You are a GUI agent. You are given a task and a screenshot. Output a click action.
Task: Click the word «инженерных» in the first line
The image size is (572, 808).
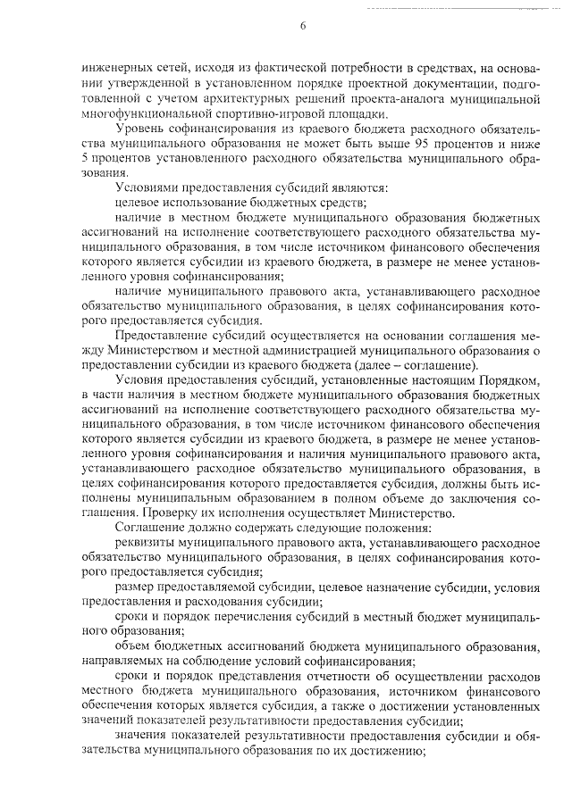[113, 66]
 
